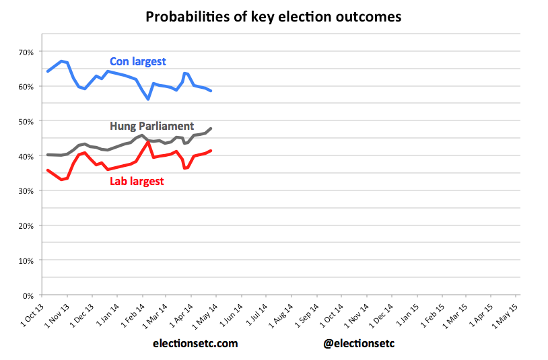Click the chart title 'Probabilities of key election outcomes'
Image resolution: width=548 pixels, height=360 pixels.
point(273,17)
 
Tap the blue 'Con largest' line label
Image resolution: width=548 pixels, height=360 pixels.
point(138,62)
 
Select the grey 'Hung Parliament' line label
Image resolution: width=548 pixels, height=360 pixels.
point(151,126)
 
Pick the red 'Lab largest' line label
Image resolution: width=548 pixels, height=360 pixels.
point(137,181)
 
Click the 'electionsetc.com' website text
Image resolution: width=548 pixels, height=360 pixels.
point(195,343)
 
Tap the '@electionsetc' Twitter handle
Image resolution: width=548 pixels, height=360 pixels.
point(359,343)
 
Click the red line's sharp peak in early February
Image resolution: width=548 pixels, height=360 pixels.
point(148,141)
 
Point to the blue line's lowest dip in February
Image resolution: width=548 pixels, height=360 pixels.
point(148,99)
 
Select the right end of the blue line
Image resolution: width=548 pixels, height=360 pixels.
point(211,91)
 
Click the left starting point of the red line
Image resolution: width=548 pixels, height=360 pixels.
point(47,170)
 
